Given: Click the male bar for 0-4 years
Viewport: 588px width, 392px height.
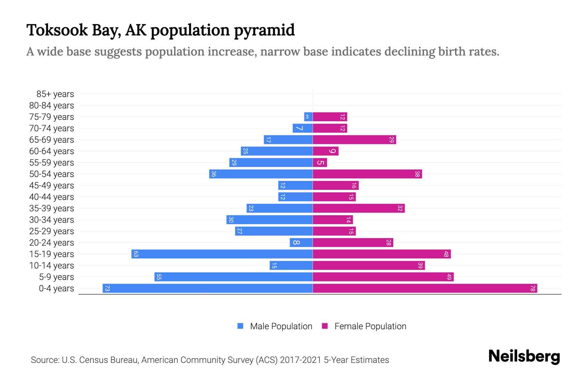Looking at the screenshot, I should click(x=207, y=288).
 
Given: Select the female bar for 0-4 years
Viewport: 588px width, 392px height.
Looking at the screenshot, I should click(x=425, y=288).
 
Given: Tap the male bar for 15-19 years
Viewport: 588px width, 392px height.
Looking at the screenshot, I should click(x=222, y=254).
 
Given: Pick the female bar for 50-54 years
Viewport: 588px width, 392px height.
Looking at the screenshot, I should click(x=367, y=174).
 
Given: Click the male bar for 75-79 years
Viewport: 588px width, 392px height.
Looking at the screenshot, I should click(x=308, y=117).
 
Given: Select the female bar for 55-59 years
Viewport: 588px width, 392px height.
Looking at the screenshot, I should click(x=320, y=162).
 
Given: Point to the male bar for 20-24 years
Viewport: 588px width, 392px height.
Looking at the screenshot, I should click(x=301, y=242).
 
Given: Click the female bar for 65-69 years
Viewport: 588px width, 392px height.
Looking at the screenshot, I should click(x=354, y=139).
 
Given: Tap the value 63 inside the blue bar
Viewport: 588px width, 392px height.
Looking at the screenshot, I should click(x=136, y=254).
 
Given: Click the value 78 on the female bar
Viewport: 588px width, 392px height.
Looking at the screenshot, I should click(x=532, y=288).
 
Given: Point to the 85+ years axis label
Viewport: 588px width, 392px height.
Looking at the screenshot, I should click(x=55, y=94).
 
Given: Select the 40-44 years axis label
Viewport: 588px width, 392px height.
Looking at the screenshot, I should click(x=52, y=197).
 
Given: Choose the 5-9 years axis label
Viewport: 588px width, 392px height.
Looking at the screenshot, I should click(x=56, y=277).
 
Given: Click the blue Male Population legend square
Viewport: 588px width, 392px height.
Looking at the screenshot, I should click(x=240, y=326).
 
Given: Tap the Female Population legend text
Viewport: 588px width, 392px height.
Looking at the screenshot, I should click(x=370, y=326).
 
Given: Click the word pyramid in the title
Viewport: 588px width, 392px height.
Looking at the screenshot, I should click(x=264, y=30).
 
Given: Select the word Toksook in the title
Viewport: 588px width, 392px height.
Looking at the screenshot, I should click(x=57, y=30).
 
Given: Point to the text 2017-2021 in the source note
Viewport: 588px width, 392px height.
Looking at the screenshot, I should click(x=300, y=360).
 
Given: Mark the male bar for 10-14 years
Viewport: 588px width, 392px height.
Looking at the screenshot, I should click(x=291, y=265).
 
